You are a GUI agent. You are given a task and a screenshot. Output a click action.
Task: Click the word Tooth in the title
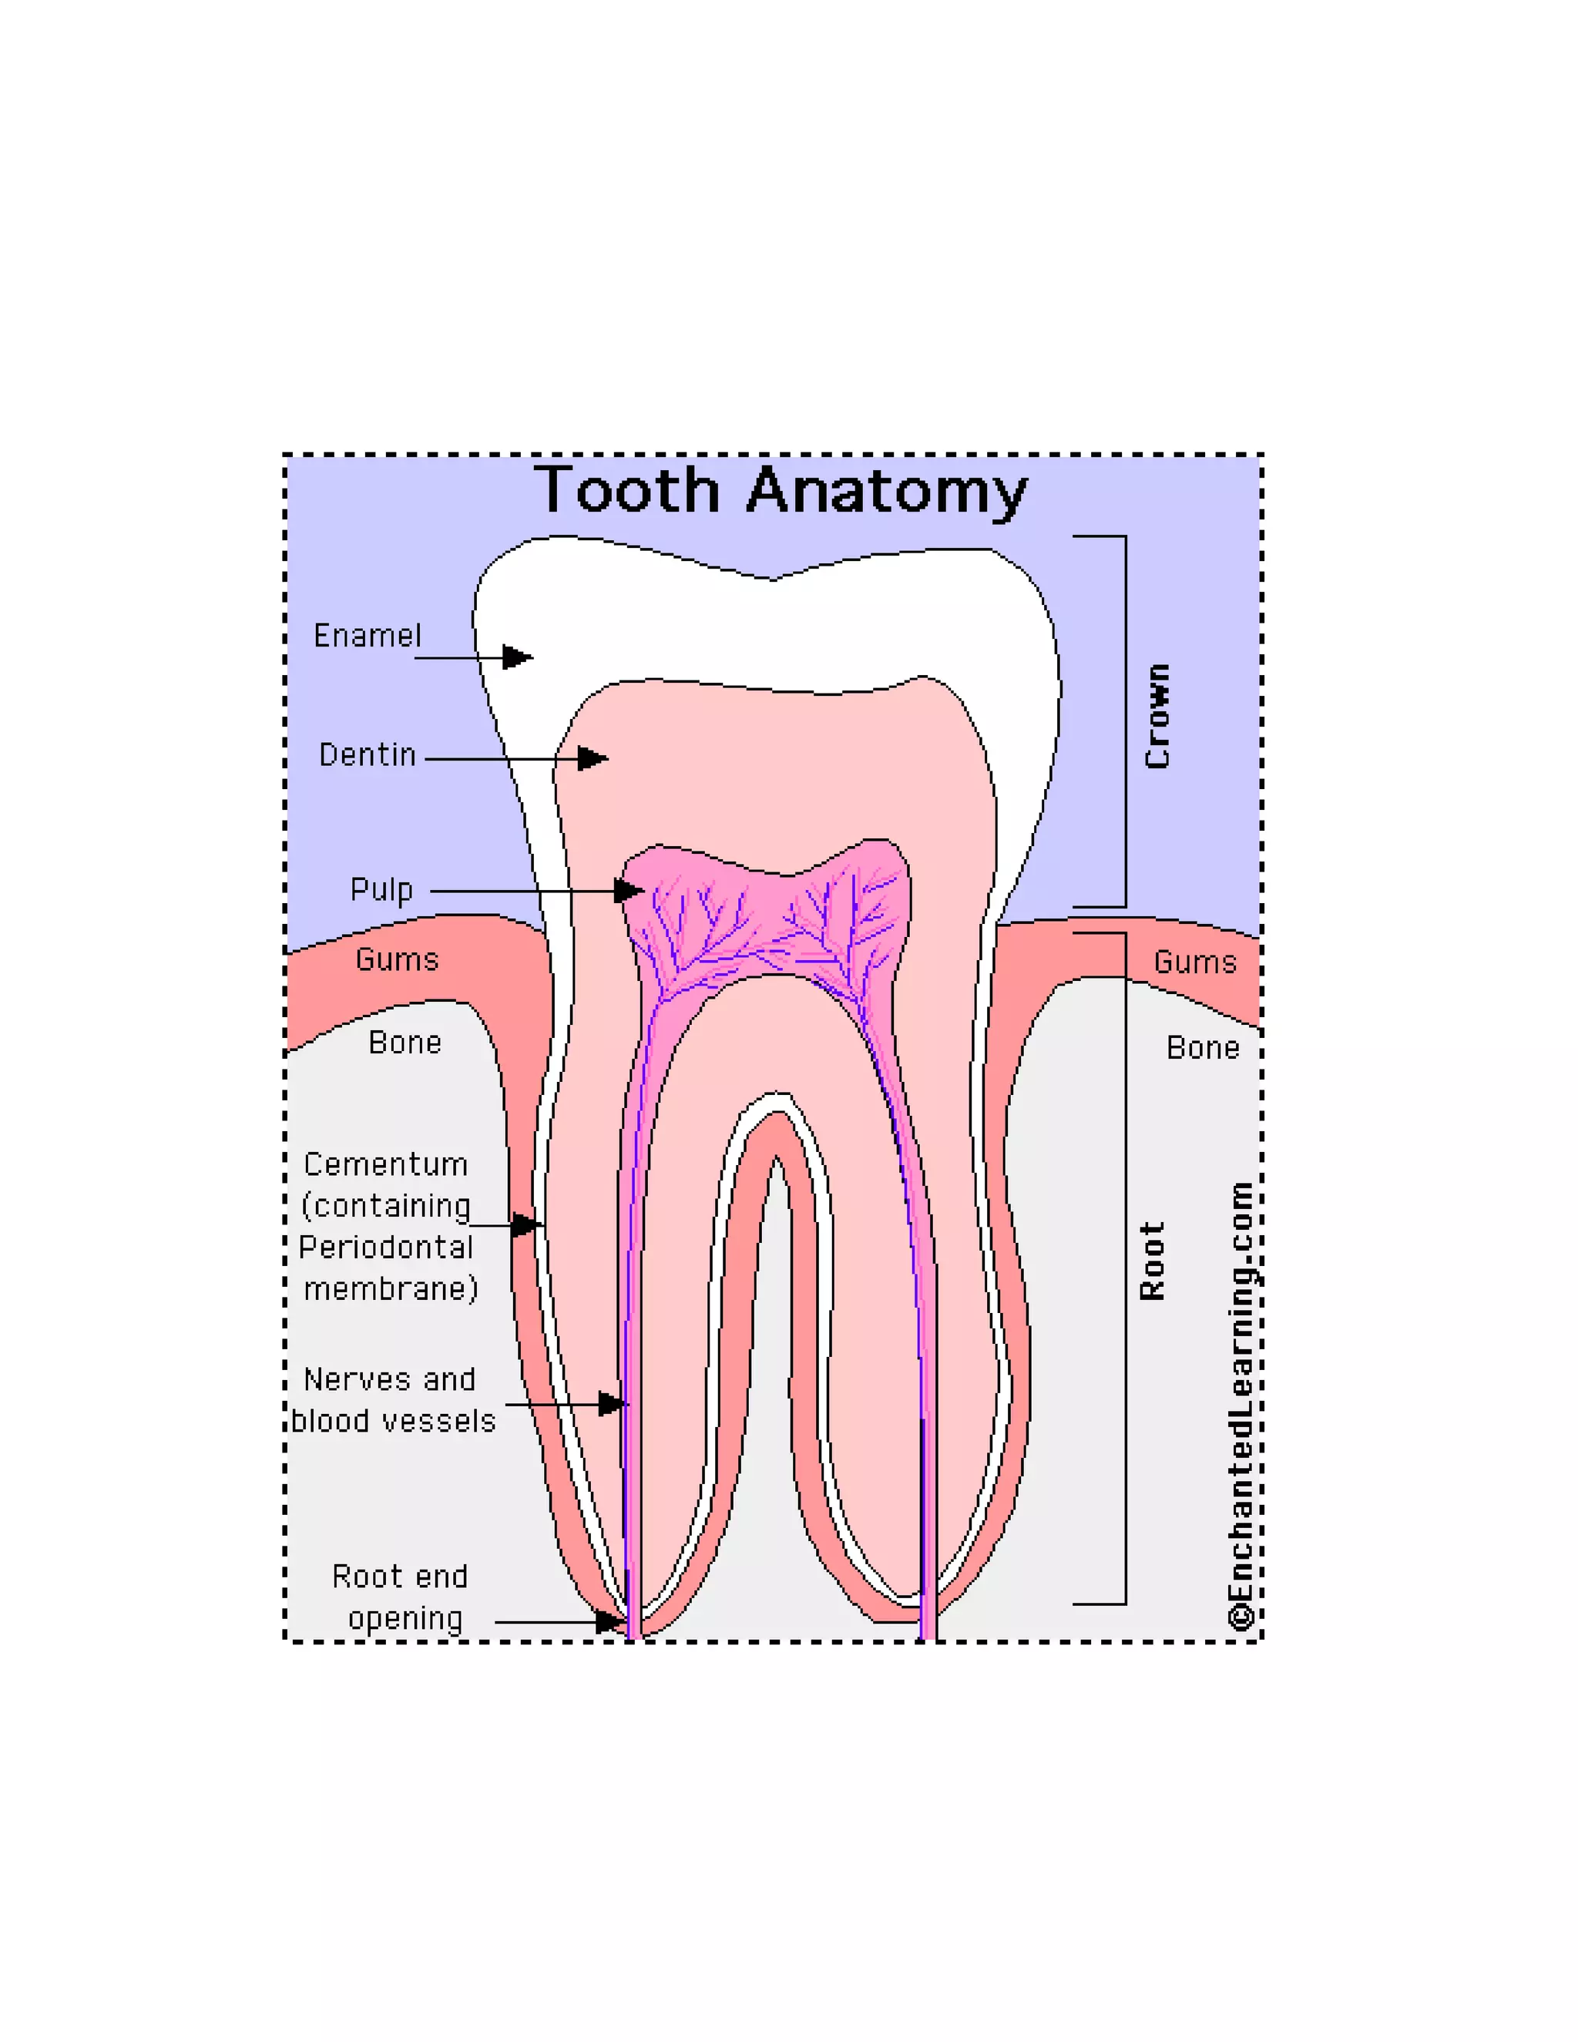[x=627, y=490]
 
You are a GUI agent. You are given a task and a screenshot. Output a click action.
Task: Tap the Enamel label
[x=368, y=636]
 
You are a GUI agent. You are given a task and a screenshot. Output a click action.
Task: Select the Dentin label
[x=368, y=754]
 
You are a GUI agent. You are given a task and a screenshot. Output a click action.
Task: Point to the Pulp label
[x=381, y=889]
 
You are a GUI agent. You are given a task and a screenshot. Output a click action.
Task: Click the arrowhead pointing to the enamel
[x=517, y=657]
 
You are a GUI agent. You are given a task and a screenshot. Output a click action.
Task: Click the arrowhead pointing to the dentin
[x=592, y=758]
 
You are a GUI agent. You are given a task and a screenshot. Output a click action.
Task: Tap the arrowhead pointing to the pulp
[x=628, y=891]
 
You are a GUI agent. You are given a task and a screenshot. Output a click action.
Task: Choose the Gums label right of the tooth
[x=1195, y=962]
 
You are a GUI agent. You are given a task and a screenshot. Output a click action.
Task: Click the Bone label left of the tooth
[x=405, y=1043]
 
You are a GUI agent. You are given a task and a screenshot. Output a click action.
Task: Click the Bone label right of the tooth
[x=1202, y=1048]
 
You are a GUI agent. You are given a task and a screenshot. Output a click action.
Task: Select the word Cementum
[x=386, y=1165]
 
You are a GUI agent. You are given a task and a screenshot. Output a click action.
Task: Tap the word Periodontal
[x=386, y=1248]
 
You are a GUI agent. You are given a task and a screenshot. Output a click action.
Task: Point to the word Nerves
[x=356, y=1380]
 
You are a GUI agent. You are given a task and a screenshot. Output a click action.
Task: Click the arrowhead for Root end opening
[x=609, y=1622]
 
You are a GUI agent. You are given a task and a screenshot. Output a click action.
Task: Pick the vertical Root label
[x=1153, y=1261]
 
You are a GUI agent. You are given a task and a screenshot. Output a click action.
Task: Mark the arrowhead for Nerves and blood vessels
[x=613, y=1404]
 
